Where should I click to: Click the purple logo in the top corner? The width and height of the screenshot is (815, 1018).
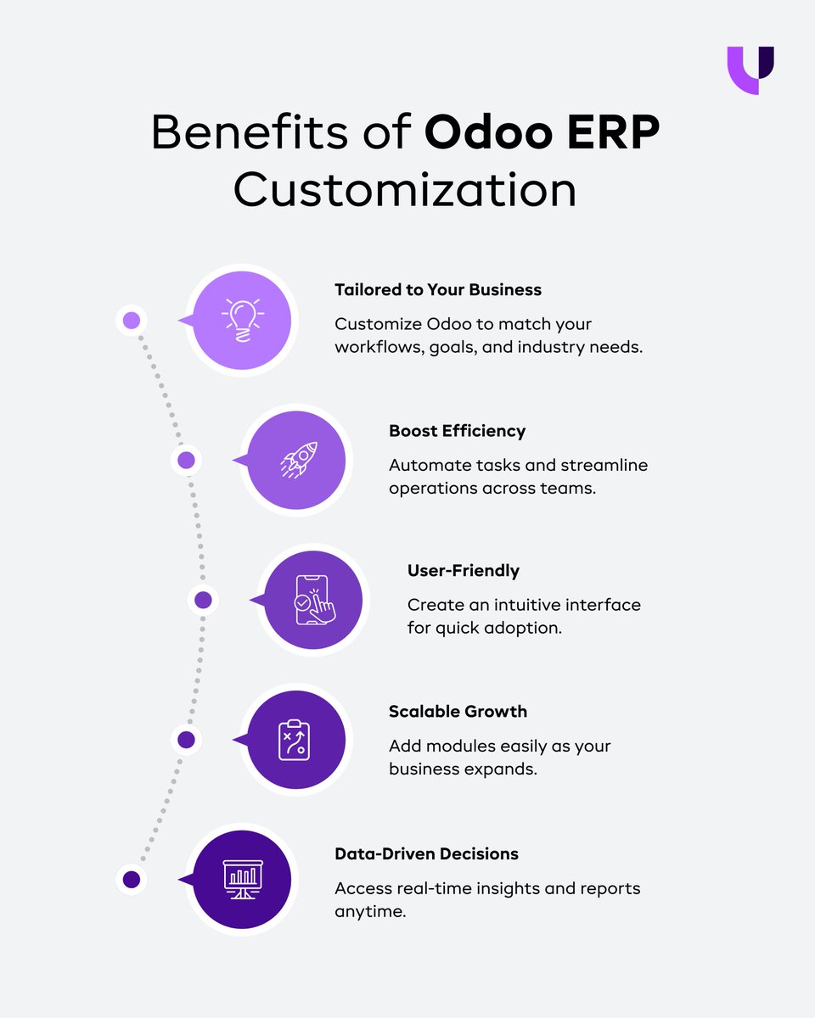(x=750, y=70)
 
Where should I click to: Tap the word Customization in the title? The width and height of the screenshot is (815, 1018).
(x=405, y=189)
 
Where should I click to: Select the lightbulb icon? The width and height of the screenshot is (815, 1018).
(x=242, y=320)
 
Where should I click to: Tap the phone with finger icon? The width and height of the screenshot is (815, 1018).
(x=313, y=601)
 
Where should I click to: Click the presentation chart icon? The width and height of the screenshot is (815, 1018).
(x=242, y=880)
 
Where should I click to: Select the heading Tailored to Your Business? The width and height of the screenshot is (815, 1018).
(x=437, y=289)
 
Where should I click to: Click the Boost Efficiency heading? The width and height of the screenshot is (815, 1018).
(x=457, y=430)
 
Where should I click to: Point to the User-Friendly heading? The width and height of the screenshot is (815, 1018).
(x=463, y=570)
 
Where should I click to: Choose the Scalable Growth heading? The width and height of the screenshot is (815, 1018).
(x=458, y=711)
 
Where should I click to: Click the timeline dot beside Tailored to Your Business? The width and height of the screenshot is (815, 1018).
(x=131, y=320)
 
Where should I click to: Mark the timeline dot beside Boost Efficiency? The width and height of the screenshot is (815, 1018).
(x=186, y=461)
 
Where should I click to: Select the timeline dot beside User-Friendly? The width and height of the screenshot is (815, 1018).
(x=203, y=601)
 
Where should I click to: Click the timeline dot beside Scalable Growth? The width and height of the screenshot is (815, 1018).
(x=186, y=740)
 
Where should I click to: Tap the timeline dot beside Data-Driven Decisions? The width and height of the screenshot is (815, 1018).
(x=131, y=880)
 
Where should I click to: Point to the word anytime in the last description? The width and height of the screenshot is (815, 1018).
(x=371, y=912)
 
